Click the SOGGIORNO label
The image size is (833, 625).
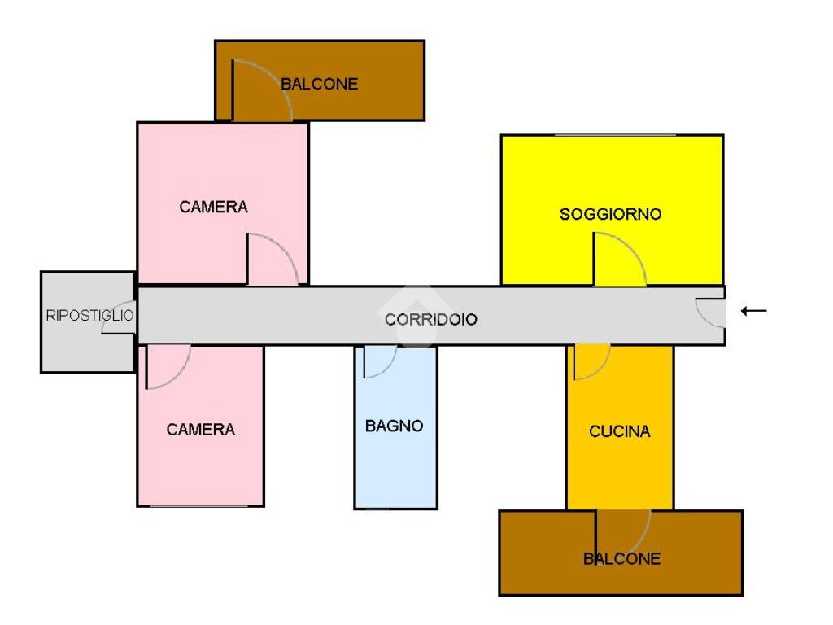pyautogui.click(x=610, y=214)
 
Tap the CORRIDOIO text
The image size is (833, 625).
pyautogui.click(x=431, y=319)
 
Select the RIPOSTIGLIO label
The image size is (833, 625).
pyautogui.click(x=89, y=315)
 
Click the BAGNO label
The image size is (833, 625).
pyautogui.click(x=395, y=426)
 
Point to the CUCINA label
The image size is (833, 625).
pyautogui.click(x=619, y=431)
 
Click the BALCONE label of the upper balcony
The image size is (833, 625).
pyautogui.click(x=319, y=84)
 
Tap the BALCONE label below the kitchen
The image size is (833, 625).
pyautogui.click(x=622, y=558)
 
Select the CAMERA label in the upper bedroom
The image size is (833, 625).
pyautogui.click(x=214, y=207)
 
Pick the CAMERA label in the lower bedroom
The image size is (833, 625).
pyautogui.click(x=201, y=430)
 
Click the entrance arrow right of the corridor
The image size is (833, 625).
pyautogui.click(x=754, y=311)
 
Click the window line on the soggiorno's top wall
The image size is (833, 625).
pyautogui.click(x=615, y=135)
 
